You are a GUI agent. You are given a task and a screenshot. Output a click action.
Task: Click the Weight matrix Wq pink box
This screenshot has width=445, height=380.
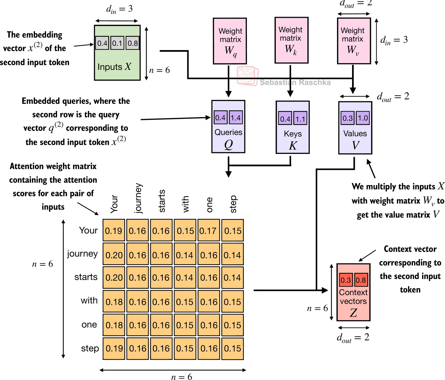(x=230, y=41)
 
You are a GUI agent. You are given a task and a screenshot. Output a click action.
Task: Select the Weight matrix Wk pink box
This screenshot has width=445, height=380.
(x=291, y=40)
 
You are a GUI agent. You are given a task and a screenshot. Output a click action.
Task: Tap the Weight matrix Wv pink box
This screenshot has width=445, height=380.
(x=354, y=41)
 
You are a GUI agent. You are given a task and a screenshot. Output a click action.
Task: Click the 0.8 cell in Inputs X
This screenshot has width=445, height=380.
(x=132, y=43)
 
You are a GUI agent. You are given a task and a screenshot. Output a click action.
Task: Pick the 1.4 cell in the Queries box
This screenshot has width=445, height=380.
(x=235, y=117)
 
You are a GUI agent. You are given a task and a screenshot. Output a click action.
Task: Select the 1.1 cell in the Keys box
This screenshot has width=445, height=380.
(x=300, y=119)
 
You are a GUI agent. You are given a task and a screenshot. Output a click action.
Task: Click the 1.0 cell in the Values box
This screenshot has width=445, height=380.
(x=363, y=118)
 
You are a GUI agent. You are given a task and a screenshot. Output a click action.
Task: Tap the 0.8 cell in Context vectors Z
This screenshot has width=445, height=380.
(x=361, y=280)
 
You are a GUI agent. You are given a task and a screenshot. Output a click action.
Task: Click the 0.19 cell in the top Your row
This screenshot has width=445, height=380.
(x=114, y=231)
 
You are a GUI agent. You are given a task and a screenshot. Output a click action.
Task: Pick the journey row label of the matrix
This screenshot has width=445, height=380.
(x=82, y=254)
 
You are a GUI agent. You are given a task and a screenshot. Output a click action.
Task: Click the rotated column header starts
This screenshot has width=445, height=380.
(x=162, y=201)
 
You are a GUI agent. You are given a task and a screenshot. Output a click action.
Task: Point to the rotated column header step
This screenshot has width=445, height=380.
(x=233, y=204)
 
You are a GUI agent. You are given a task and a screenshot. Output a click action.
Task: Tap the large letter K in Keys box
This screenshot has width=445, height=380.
(x=293, y=146)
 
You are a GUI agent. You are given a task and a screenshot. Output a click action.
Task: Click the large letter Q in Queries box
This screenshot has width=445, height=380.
(x=228, y=144)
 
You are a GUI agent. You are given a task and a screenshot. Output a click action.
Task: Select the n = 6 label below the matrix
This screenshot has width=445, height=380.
(x=181, y=377)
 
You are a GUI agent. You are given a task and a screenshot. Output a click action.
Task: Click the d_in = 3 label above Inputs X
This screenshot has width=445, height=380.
(x=119, y=9)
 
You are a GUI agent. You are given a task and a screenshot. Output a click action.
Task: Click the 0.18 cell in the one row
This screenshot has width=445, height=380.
(x=114, y=325)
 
